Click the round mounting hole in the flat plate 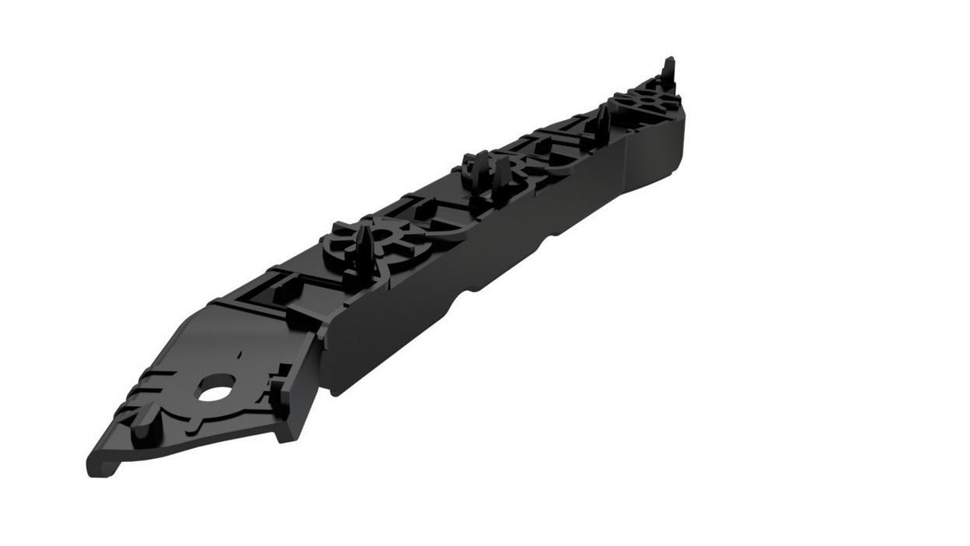[217, 388]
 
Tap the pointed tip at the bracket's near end [94, 467]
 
